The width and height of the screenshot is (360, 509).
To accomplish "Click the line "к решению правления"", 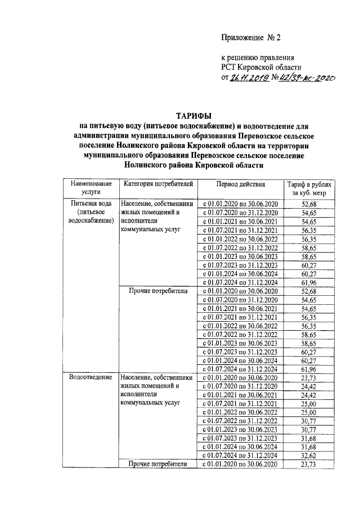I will pyautogui.click(x=257, y=57).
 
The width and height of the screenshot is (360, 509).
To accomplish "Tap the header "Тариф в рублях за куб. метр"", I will pyautogui.click(x=310, y=187).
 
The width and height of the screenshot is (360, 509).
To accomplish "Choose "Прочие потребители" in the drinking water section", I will pyautogui.click(x=156, y=291).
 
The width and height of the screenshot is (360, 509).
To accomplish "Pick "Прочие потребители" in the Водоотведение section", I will pyautogui.click(x=156, y=464).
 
